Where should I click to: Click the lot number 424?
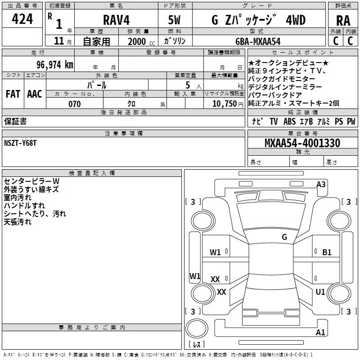click(22, 19)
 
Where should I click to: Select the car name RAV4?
click(116, 20)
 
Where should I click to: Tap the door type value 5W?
click(174, 20)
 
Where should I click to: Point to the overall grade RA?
click(343, 21)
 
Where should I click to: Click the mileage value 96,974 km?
click(55, 64)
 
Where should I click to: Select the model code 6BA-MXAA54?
click(258, 41)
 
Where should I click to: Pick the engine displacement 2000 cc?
click(141, 41)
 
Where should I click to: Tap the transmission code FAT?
click(13, 94)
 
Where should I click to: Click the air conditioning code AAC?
click(35, 94)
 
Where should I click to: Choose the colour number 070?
click(75, 104)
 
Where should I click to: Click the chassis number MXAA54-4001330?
click(302, 143)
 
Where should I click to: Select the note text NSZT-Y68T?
click(20, 143)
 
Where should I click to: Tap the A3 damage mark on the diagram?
click(321, 184)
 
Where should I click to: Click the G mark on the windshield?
click(284, 237)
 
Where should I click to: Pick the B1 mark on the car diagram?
click(327, 252)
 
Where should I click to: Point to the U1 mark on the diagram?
click(320, 292)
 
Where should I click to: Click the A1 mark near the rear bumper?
click(320, 332)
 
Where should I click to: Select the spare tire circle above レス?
click(197, 328)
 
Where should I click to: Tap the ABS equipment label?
click(289, 121)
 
